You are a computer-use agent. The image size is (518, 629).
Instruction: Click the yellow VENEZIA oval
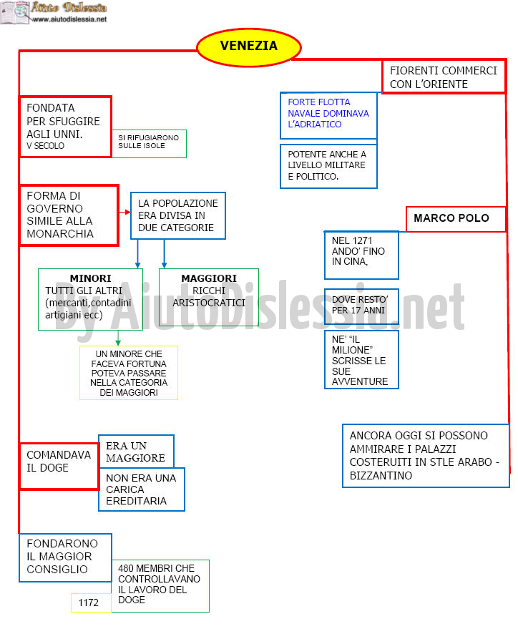coord(248,47)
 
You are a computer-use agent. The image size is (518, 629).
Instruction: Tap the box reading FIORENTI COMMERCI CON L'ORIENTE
coord(444,77)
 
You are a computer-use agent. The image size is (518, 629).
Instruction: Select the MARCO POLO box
coord(456,219)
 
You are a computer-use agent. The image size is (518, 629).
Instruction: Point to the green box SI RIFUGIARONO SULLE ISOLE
coord(149,143)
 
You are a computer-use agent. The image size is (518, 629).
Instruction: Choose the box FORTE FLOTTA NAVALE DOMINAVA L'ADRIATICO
coord(328,115)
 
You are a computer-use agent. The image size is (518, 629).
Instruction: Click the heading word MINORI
coord(91,278)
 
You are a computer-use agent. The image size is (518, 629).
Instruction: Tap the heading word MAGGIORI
coord(209,278)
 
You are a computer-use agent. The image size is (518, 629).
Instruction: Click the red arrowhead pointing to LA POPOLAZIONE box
coord(128,212)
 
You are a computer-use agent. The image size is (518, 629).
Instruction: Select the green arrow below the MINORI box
coord(118,338)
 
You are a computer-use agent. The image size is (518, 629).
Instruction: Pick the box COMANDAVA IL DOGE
coord(59,466)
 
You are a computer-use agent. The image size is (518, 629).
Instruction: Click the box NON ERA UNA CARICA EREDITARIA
coord(142,489)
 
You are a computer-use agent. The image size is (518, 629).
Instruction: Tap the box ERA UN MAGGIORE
coord(137,452)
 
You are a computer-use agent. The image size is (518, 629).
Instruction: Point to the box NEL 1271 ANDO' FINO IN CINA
coord(361,255)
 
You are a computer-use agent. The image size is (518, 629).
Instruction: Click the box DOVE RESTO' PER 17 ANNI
coord(361,306)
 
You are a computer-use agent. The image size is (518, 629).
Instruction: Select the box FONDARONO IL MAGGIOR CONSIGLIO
coord(65,557)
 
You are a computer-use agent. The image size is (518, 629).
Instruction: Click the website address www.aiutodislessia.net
coord(69,19)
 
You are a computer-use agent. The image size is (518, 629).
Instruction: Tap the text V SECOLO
coord(45,145)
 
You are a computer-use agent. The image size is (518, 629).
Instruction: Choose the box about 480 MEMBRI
coord(160,585)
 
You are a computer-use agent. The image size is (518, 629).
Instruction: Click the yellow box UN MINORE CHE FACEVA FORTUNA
coord(128,373)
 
